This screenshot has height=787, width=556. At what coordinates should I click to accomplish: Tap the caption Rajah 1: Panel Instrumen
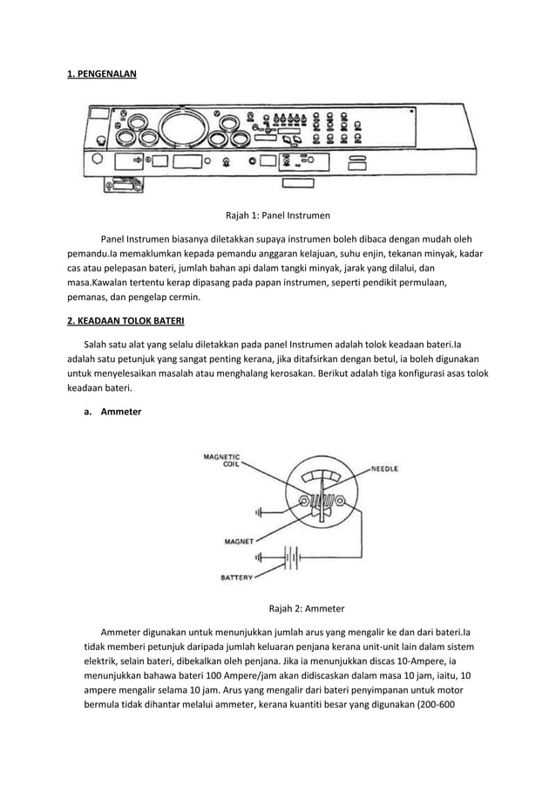pos(278,215)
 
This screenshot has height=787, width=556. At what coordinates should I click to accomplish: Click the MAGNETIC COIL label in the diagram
pos(223,458)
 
